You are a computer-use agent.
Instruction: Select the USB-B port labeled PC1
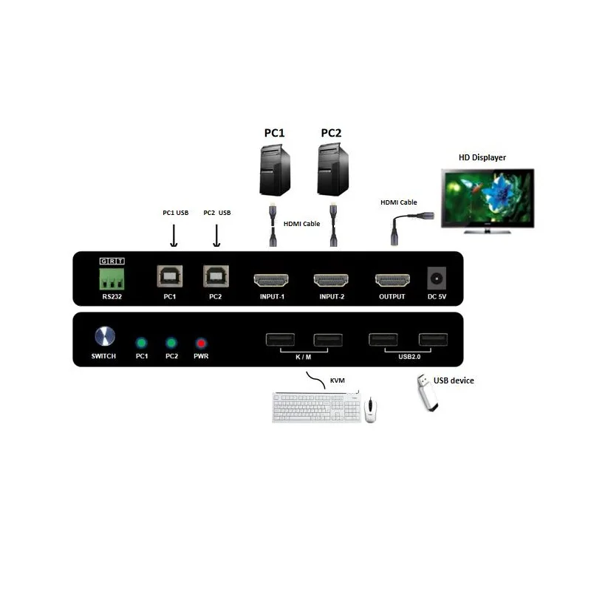[170, 276]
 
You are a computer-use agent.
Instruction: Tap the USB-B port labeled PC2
[215, 276]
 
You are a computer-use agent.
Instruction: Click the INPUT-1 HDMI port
[271, 281]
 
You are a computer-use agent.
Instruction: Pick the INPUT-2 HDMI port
[332, 281]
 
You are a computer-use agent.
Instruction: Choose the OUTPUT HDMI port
[392, 281]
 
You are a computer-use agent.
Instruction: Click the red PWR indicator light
[201, 343]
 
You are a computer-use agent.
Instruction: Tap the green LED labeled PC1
[141, 343]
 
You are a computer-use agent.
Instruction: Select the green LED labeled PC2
[171, 343]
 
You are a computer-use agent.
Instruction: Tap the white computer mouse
[369, 409]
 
